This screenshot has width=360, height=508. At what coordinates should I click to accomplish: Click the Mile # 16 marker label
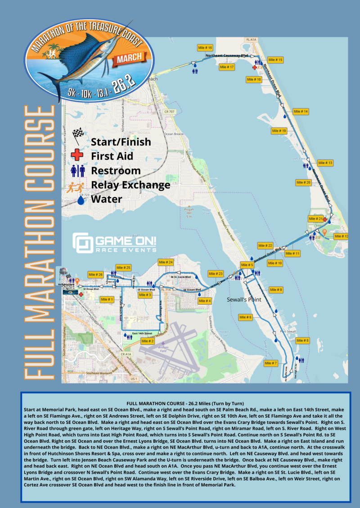pyautogui.click(x=205, y=48)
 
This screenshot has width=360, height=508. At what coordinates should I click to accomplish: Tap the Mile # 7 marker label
pyautogui.click(x=271, y=363)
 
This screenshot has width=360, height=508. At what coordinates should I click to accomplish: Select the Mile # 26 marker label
pyautogui.click(x=97, y=274)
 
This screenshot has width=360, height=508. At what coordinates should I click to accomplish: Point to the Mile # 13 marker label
pyautogui.click(x=325, y=163)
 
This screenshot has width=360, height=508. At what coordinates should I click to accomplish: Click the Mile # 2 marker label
pyautogui.click(x=148, y=341)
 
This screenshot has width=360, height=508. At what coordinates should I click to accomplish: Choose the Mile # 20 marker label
pyautogui.click(x=303, y=183)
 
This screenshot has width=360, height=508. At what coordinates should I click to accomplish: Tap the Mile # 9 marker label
pyautogui.click(x=275, y=290)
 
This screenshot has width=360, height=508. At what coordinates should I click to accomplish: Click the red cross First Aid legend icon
pyautogui.click(x=78, y=156)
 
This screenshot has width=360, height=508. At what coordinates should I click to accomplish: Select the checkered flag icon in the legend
pyautogui.click(x=78, y=135)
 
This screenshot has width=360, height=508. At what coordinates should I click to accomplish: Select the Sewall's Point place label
pyautogui.click(x=241, y=300)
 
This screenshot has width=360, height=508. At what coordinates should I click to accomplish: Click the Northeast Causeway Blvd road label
pyautogui.click(x=227, y=56)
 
